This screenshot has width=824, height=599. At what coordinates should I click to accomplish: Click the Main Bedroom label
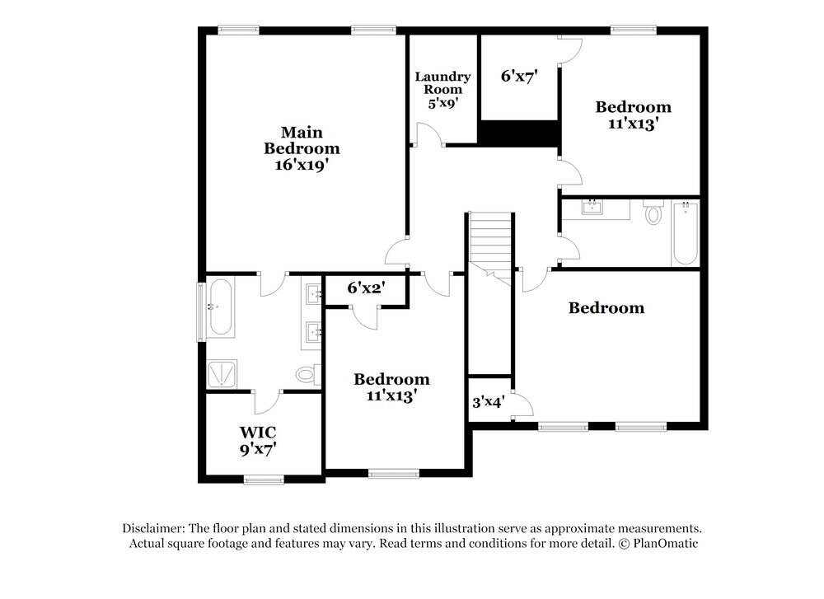tap(302, 148)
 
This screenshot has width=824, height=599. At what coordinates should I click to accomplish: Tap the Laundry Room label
tap(442, 89)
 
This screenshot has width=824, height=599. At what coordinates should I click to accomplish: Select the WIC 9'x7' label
tap(258, 440)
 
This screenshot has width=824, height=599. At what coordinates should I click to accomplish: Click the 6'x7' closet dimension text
tap(519, 76)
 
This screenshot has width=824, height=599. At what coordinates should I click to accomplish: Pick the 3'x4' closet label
tap(488, 403)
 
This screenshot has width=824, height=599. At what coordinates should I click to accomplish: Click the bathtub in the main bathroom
tap(220, 307)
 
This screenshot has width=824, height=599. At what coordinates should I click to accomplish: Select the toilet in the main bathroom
tap(307, 376)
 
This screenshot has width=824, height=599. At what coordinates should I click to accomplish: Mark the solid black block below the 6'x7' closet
tap(520, 133)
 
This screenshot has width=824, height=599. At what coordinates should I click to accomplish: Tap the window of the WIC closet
tap(264, 480)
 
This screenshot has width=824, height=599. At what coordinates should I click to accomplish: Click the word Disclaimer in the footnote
tap(153, 528)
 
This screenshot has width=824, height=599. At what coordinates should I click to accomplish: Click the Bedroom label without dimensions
tap(606, 308)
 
